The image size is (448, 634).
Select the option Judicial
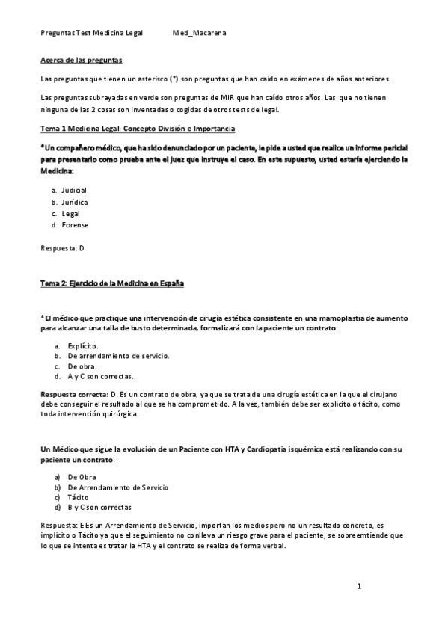click(x=74, y=191)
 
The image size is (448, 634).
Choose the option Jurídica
click(x=75, y=202)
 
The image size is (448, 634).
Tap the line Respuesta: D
click(x=63, y=247)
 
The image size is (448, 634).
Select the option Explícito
click(x=83, y=346)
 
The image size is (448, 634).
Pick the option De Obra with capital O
click(x=82, y=476)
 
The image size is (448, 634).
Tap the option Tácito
click(x=78, y=496)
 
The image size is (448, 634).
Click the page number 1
click(x=359, y=586)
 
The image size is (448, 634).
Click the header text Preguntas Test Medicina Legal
click(x=92, y=34)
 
